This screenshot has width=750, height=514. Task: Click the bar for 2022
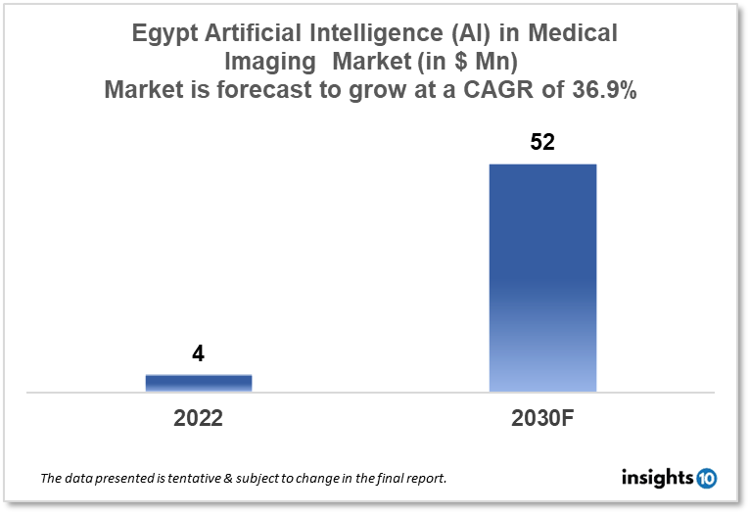tap(199, 383)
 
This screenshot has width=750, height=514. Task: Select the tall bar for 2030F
tap(542, 278)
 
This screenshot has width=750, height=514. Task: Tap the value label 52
tap(542, 142)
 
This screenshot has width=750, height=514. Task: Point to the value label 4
tap(199, 354)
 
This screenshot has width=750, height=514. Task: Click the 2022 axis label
tap(199, 418)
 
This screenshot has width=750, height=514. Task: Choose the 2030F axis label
tap(542, 418)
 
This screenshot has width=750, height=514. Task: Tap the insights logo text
tap(657, 478)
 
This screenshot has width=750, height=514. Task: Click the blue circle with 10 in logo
tap(706, 479)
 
